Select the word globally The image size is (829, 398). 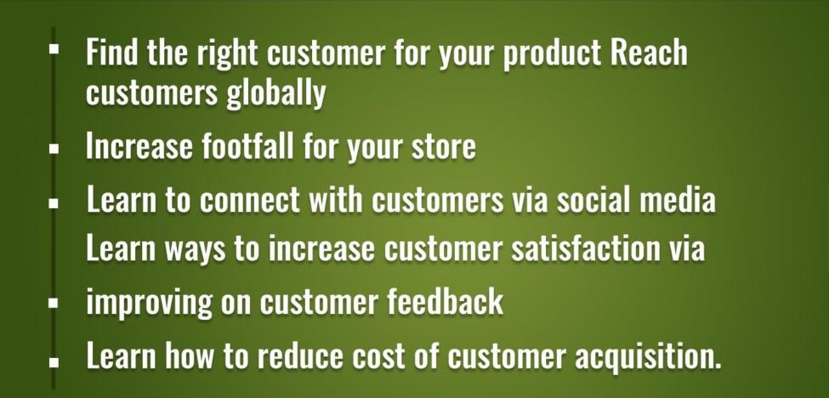[276, 94]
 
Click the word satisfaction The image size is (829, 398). [608, 247]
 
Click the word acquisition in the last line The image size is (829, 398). [648, 355]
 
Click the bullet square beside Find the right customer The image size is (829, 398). [54, 49]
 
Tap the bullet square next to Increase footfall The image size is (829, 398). [54, 149]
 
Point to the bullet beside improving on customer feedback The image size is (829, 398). [54, 303]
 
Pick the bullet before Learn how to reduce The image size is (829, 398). [54, 361]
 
